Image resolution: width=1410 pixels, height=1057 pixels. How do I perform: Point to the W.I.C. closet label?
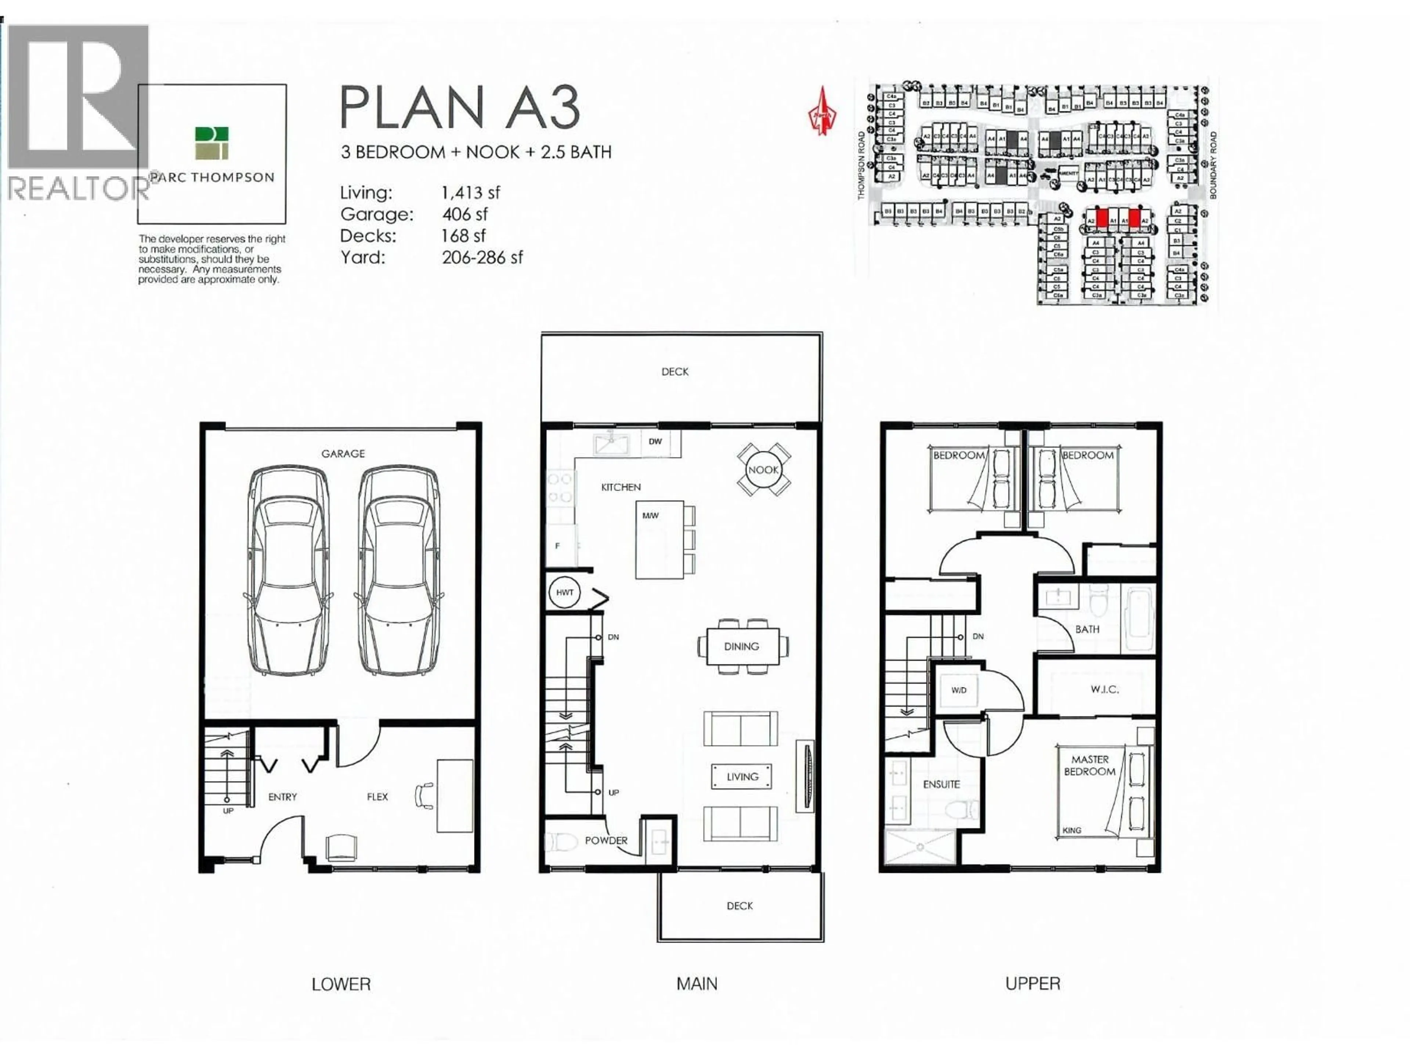click(x=1104, y=689)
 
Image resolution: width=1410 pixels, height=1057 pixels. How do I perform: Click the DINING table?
click(x=742, y=646)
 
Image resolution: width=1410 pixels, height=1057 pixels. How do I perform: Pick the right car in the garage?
click(x=398, y=570)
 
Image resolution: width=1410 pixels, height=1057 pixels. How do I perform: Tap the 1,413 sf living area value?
click(x=470, y=192)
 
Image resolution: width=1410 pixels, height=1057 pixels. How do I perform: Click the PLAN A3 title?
click(x=460, y=107)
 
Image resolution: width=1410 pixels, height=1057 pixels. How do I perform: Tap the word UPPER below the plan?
click(x=1033, y=984)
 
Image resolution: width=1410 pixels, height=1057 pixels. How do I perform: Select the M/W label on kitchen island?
click(x=650, y=515)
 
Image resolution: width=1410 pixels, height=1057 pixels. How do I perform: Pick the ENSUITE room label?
click(x=941, y=784)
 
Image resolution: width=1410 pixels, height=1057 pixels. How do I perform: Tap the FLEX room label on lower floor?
click(x=377, y=796)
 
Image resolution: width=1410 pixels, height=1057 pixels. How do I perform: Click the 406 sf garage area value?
click(x=465, y=214)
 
